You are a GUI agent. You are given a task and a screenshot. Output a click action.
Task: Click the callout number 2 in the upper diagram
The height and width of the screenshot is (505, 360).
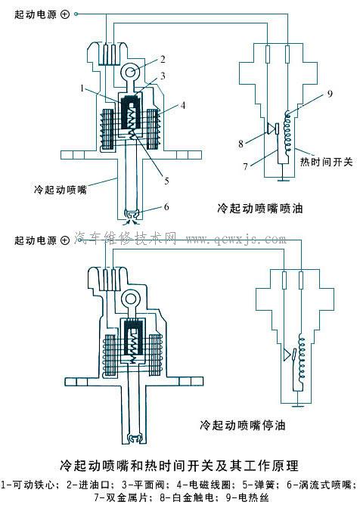(161, 58)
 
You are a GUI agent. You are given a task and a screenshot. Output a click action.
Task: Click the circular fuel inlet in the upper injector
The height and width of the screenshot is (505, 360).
(129, 73)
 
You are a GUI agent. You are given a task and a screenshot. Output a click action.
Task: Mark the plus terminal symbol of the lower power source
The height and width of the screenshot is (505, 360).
(66, 241)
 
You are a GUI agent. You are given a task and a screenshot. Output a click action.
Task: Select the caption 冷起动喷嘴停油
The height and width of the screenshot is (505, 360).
(241, 425)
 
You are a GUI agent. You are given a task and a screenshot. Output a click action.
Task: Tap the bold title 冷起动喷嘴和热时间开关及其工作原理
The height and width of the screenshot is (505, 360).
(178, 462)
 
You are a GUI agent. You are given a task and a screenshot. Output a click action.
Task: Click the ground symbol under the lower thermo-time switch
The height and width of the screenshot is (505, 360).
(302, 404)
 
